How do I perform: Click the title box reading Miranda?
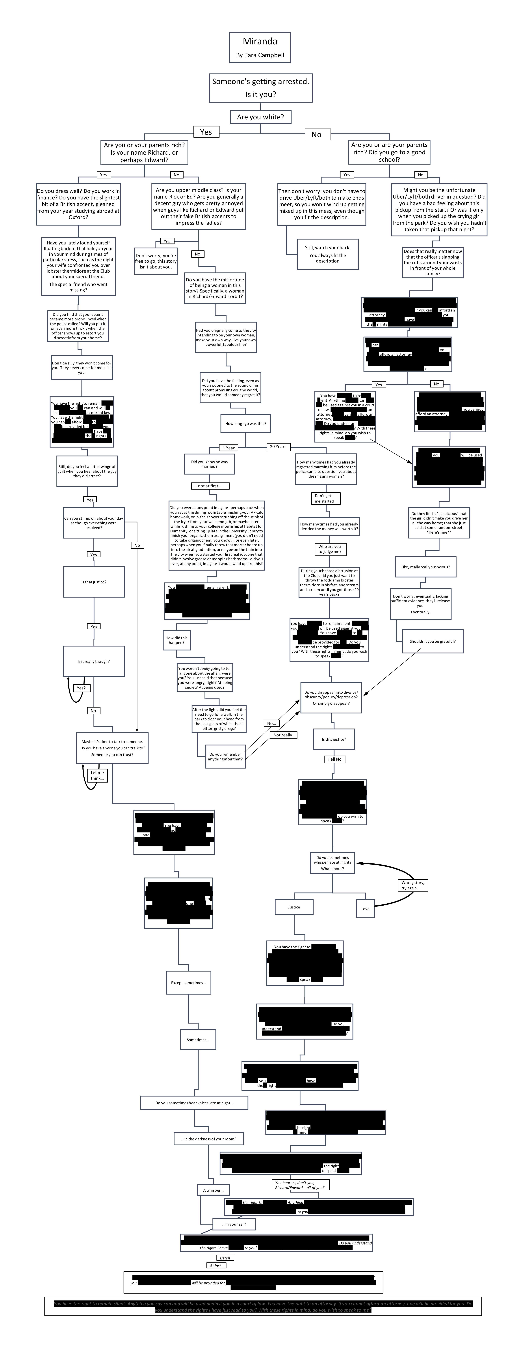coord(260,47)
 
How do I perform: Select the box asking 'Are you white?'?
coord(260,117)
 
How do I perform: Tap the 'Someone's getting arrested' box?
coord(260,87)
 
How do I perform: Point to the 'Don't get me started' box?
coord(324,498)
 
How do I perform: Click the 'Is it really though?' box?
coord(94,661)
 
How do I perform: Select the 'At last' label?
coord(215,1265)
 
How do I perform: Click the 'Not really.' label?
coord(283,735)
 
